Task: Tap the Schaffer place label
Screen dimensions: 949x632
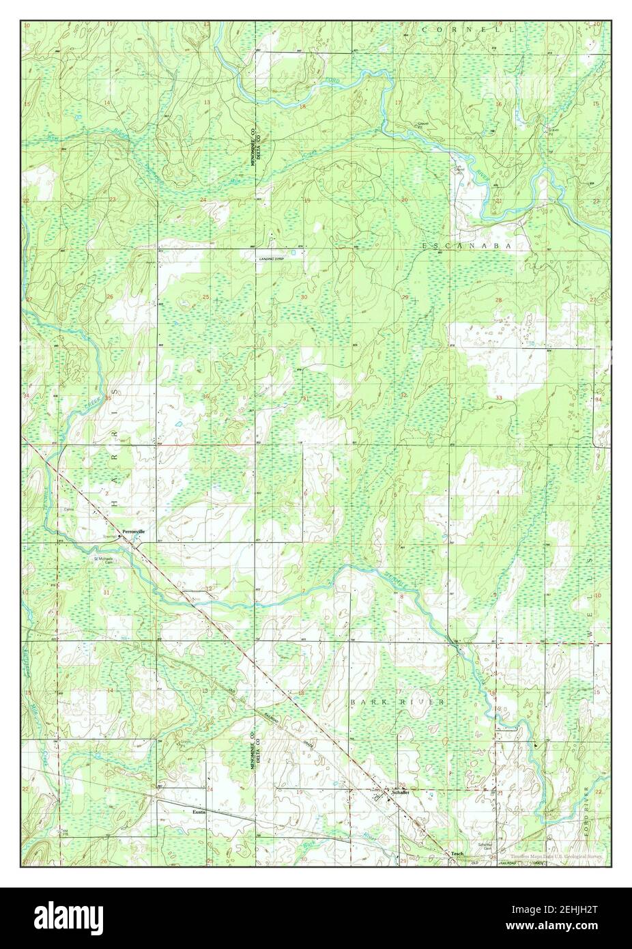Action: pos(400,792)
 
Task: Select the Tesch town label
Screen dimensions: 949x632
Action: pos(457,853)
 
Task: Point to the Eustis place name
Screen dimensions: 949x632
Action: pos(199,812)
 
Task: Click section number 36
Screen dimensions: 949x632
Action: pos(205,397)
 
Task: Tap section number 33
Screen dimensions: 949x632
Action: pos(500,398)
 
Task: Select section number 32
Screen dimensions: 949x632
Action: pos(404,395)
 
